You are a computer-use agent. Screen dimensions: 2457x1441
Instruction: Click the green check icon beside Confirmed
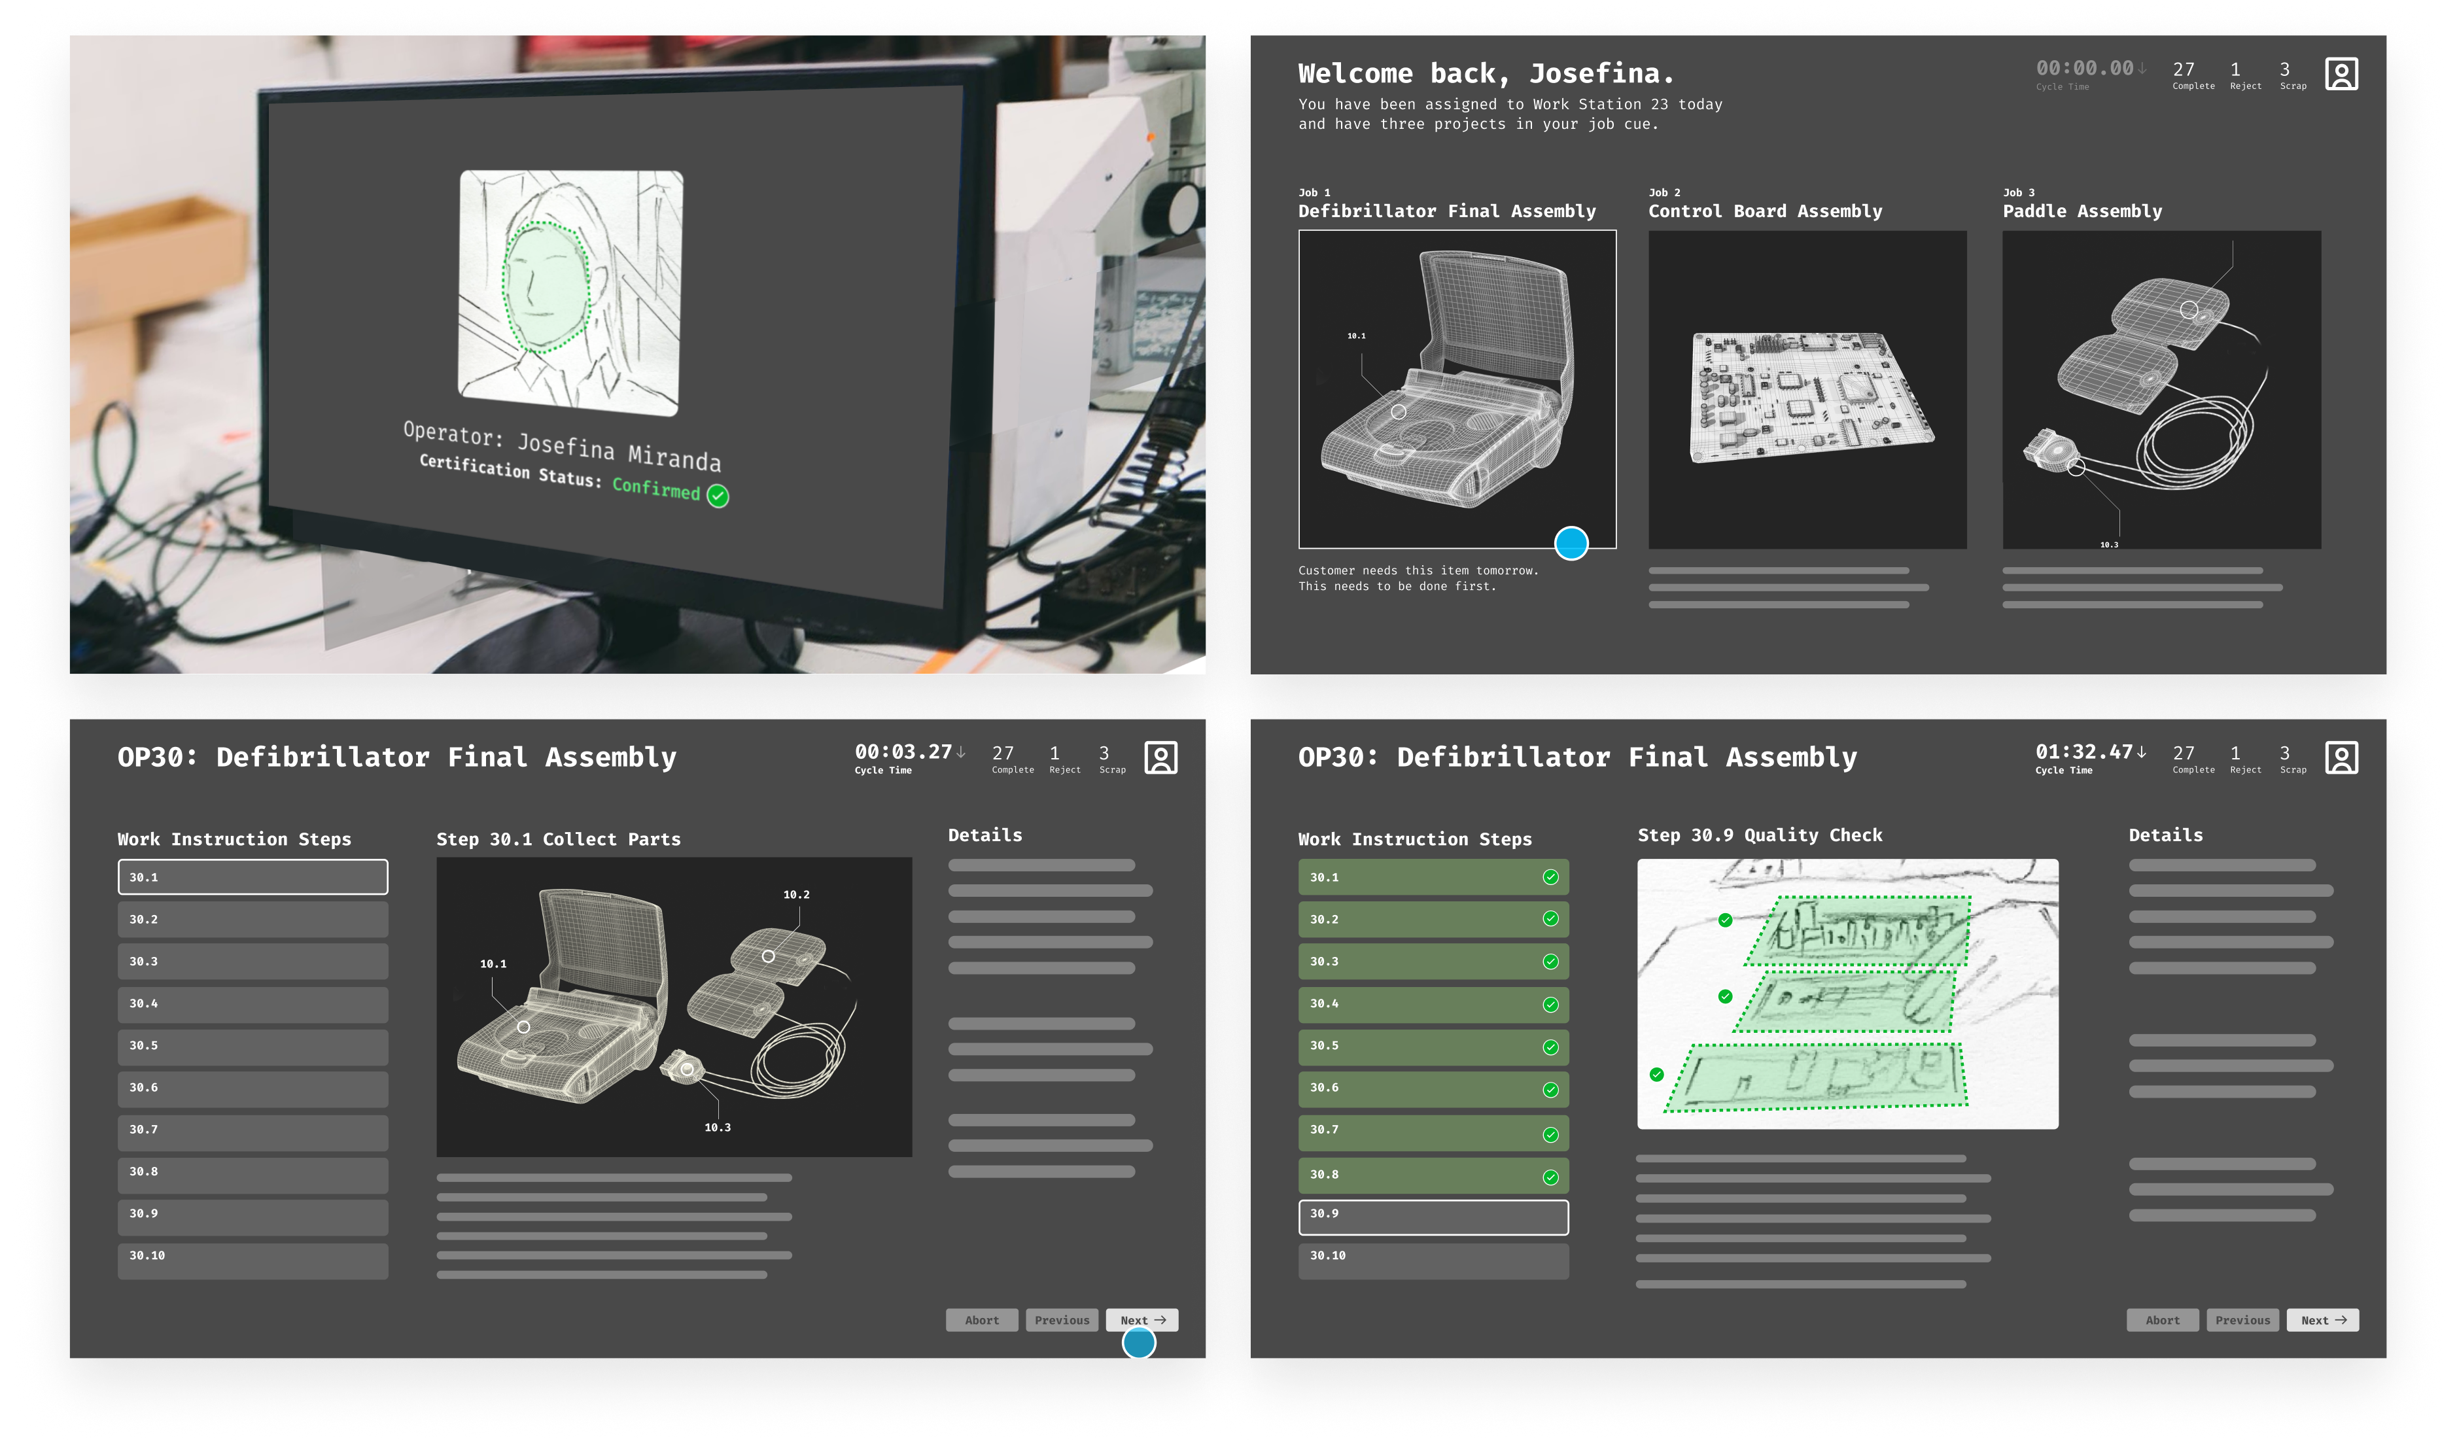coord(718,496)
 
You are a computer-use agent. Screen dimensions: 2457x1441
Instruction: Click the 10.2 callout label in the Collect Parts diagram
coord(797,894)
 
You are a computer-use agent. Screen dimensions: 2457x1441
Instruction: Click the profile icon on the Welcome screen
coord(2341,74)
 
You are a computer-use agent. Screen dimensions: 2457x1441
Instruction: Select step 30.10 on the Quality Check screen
coord(1433,1260)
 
